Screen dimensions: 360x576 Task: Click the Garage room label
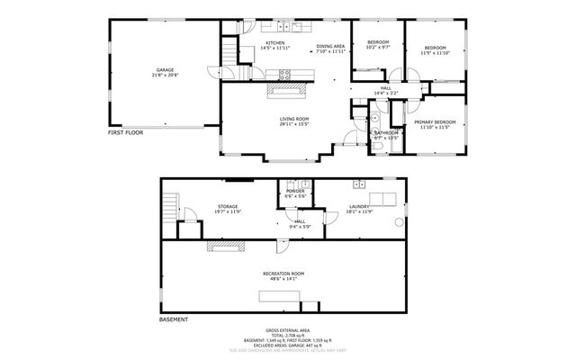(165, 72)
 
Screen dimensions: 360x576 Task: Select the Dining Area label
(330, 49)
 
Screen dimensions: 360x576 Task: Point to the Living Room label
(293, 121)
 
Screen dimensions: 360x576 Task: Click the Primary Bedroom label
(435, 124)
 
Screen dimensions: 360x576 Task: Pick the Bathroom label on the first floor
(387, 135)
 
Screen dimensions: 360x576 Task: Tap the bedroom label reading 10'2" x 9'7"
(377, 45)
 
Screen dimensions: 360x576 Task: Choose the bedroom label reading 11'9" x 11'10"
(435, 50)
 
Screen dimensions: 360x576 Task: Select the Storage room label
(227, 209)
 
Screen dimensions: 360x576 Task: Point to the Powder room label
(295, 193)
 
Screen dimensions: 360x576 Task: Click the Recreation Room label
(283, 275)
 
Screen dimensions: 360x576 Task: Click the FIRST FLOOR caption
(126, 132)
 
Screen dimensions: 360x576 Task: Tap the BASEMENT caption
(174, 319)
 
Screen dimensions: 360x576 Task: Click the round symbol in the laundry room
(399, 222)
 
